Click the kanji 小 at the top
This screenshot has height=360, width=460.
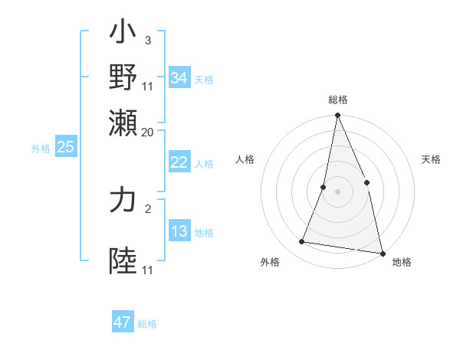(123, 34)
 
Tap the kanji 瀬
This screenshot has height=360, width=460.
(123, 122)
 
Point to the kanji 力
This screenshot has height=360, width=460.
(123, 200)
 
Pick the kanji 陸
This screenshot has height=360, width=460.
(123, 260)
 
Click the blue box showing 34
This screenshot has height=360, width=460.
(179, 77)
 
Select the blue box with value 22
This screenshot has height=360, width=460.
(179, 162)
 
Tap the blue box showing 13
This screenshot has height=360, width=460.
(179, 231)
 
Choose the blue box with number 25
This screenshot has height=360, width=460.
(65, 147)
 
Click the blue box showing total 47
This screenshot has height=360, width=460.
(122, 322)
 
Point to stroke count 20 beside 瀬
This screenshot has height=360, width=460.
(147, 132)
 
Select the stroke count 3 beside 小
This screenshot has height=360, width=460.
(147, 40)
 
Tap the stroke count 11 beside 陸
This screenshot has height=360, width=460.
(147, 270)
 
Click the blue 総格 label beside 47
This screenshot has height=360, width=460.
(147, 324)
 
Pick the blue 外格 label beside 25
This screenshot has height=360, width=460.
(41, 149)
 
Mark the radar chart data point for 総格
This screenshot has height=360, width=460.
(337, 116)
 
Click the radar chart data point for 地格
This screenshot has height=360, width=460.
(382, 253)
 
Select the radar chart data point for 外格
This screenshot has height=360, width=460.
(302, 242)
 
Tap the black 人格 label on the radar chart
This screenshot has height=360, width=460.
(245, 159)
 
